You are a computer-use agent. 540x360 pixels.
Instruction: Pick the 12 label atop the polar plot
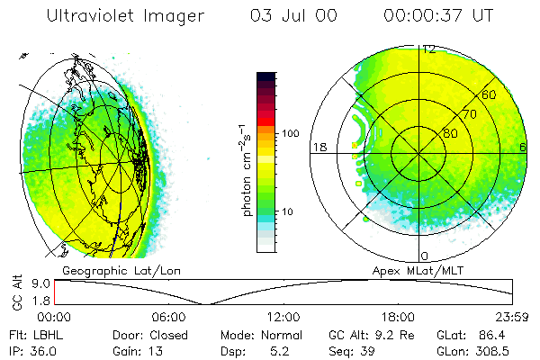(x=429, y=49)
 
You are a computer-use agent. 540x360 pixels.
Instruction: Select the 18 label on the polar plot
(x=318, y=147)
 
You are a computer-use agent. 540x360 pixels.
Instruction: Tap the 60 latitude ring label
(x=490, y=94)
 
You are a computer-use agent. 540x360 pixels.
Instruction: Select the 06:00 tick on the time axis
(x=169, y=317)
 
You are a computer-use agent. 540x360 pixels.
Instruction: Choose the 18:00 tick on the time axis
(x=398, y=317)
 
